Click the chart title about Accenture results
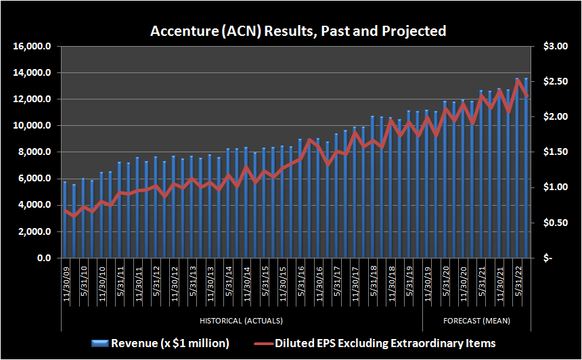point(298,31)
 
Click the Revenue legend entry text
point(170,343)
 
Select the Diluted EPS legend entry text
point(385,343)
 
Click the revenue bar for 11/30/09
point(65,220)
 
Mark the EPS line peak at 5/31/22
point(518,81)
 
